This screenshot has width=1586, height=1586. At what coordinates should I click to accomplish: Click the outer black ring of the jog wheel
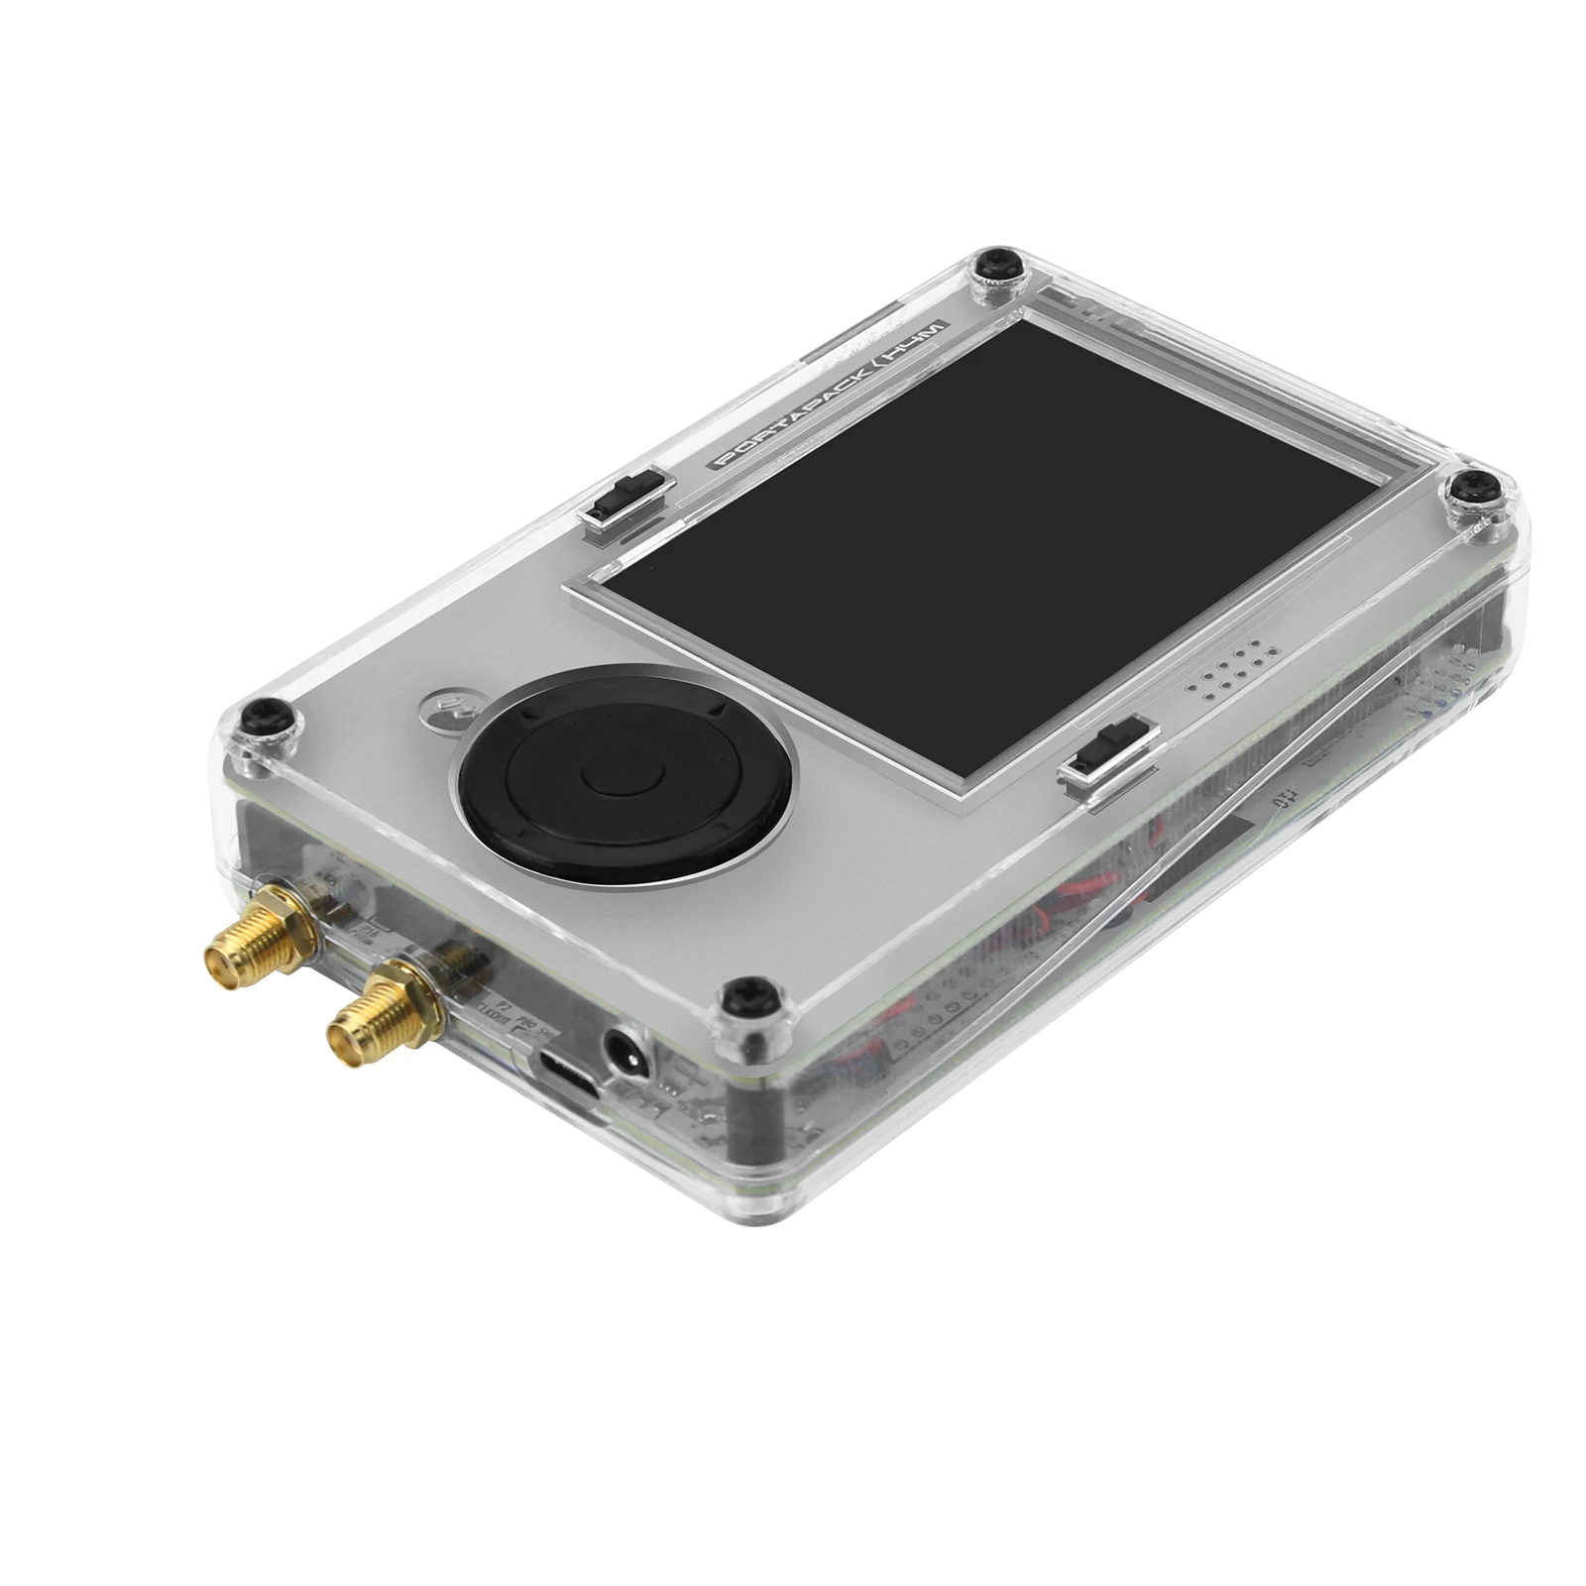click(515, 828)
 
